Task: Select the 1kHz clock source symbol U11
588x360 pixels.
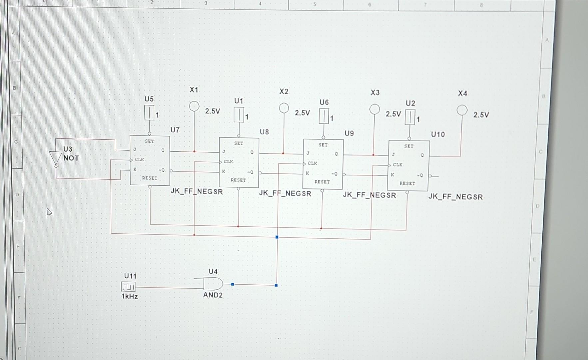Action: click(x=128, y=287)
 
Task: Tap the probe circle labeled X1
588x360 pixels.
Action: click(x=194, y=106)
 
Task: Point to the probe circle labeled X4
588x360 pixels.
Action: click(x=462, y=110)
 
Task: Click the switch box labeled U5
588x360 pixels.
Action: click(x=149, y=113)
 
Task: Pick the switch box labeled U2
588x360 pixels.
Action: click(x=410, y=117)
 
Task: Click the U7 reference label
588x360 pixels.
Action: click(x=175, y=130)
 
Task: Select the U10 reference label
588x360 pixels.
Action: click(x=438, y=134)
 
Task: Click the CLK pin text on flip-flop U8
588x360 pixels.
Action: click(x=228, y=162)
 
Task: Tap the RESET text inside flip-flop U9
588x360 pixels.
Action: click(x=322, y=182)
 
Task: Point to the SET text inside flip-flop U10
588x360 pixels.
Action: click(x=409, y=146)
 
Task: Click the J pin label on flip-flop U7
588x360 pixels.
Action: click(x=135, y=149)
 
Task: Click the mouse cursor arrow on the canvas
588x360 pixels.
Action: click(x=49, y=212)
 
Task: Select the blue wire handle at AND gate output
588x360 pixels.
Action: click(x=233, y=284)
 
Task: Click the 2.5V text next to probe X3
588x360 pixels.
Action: click(x=393, y=114)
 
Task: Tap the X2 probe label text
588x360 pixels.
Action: click(x=284, y=91)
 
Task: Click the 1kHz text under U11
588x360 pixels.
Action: click(x=130, y=296)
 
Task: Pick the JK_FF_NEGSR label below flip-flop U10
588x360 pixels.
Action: click(x=455, y=197)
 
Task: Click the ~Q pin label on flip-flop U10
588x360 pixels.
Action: click(x=420, y=175)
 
